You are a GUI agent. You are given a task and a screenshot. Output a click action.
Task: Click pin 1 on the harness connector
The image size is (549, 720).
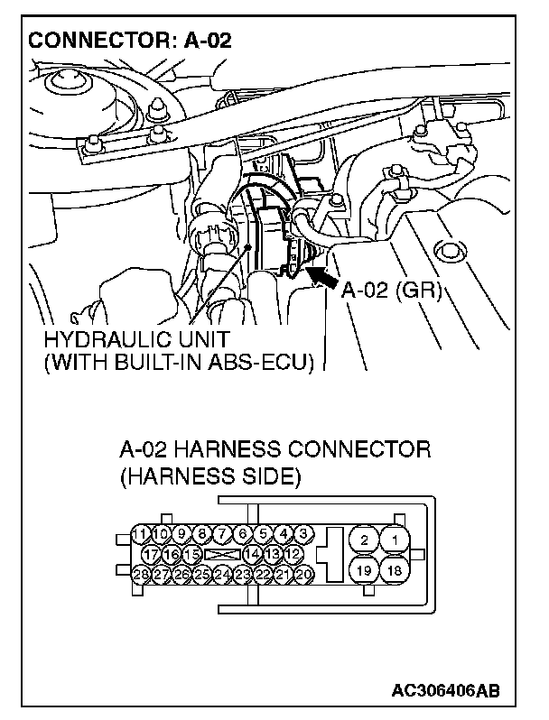pyautogui.click(x=394, y=539)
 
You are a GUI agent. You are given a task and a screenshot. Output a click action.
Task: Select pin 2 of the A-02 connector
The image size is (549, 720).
pyautogui.click(x=364, y=539)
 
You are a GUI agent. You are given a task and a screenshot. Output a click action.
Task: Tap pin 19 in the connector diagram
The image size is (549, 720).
pyautogui.click(x=364, y=570)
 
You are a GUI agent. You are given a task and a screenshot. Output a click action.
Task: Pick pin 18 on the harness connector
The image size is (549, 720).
pyautogui.click(x=394, y=570)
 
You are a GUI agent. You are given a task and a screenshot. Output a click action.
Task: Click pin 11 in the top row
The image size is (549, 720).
pyautogui.click(x=141, y=532)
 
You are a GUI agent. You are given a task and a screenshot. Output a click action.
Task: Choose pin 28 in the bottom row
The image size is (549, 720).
pyautogui.click(x=141, y=573)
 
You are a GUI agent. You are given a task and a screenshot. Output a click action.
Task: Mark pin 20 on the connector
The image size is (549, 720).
pyautogui.click(x=304, y=573)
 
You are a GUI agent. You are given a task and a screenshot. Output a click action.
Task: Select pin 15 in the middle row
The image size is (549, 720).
pyautogui.click(x=191, y=552)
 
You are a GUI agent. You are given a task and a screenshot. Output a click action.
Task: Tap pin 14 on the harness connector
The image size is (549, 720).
pyautogui.click(x=253, y=552)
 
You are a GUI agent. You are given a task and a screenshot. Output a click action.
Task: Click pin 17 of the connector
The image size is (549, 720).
pyautogui.click(x=151, y=552)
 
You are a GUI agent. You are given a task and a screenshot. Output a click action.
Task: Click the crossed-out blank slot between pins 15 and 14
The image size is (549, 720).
pyautogui.click(x=221, y=552)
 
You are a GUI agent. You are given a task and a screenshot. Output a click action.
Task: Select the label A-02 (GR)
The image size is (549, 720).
pyautogui.click(x=390, y=290)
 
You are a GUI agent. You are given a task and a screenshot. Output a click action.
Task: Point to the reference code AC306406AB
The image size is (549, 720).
pyautogui.click(x=444, y=691)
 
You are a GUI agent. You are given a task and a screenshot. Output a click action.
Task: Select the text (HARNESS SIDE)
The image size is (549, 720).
pyautogui.click(x=209, y=475)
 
